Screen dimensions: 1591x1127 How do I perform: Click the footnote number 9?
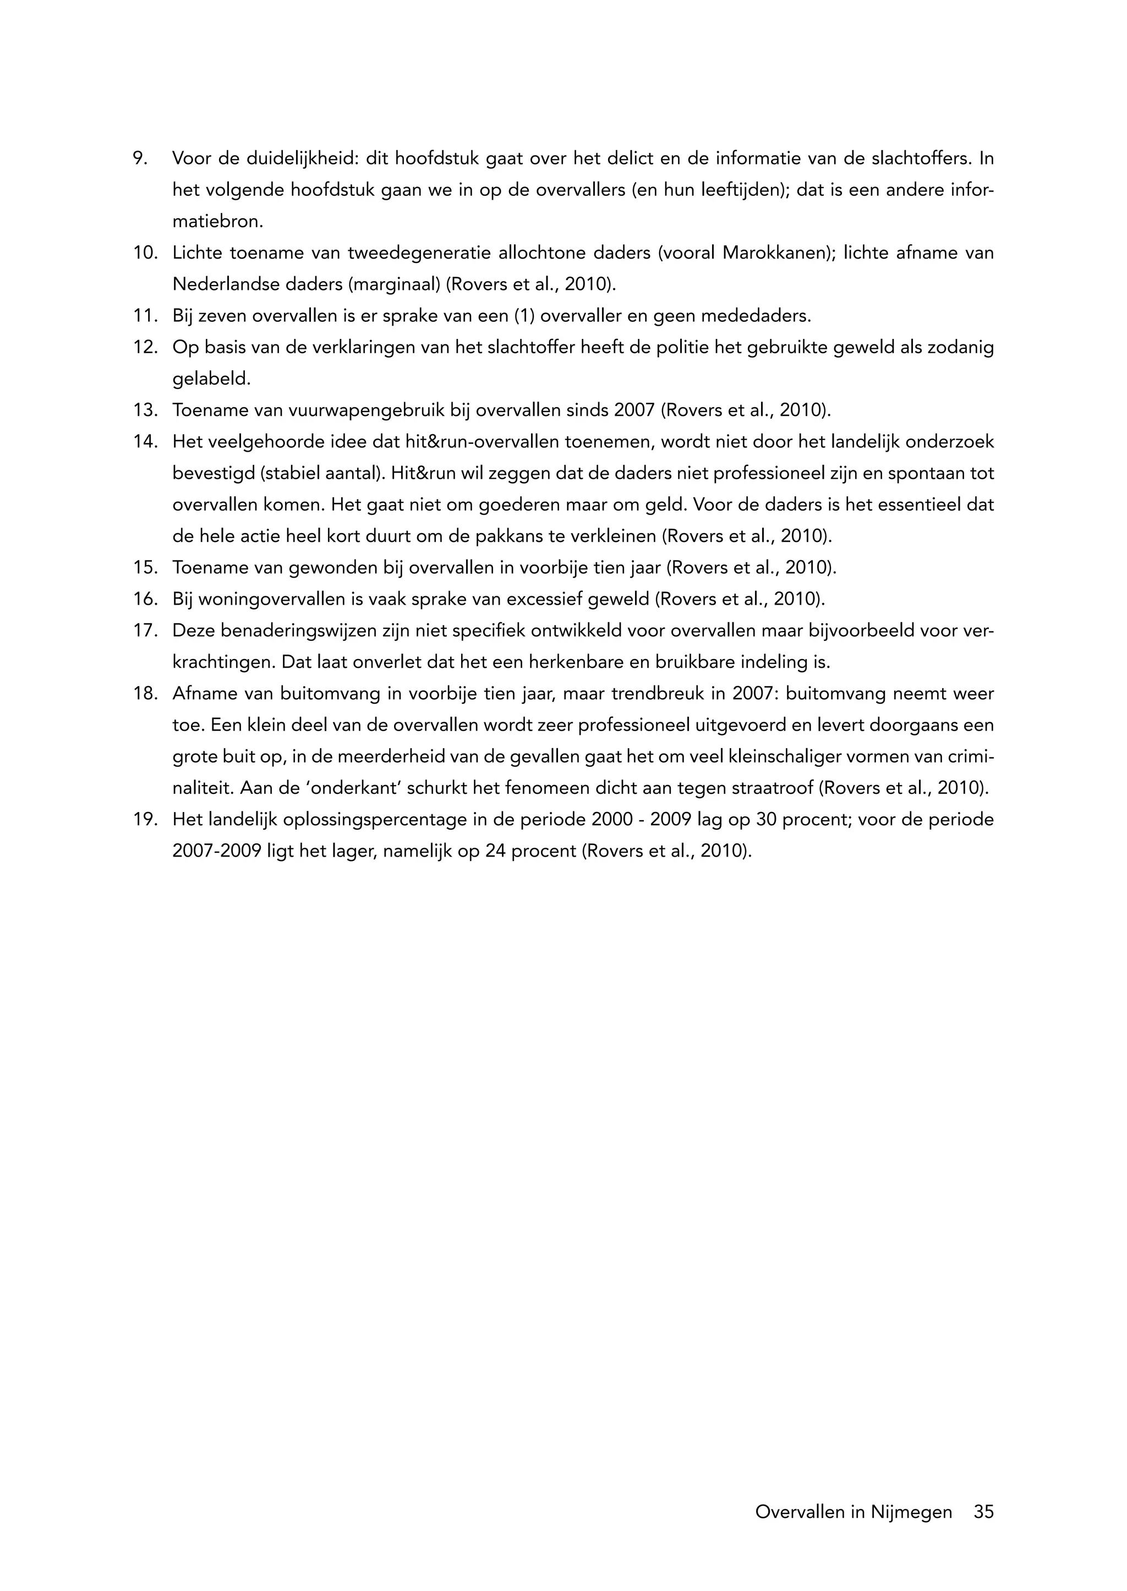point(139,159)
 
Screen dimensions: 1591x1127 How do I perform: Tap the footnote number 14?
point(145,442)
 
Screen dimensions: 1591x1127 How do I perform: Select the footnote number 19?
point(145,820)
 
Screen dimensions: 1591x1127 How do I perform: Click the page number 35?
point(983,1512)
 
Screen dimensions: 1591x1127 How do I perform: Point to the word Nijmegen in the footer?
point(911,1512)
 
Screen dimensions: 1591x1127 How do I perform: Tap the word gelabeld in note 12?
point(210,380)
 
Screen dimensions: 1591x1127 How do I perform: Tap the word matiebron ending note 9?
point(217,222)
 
